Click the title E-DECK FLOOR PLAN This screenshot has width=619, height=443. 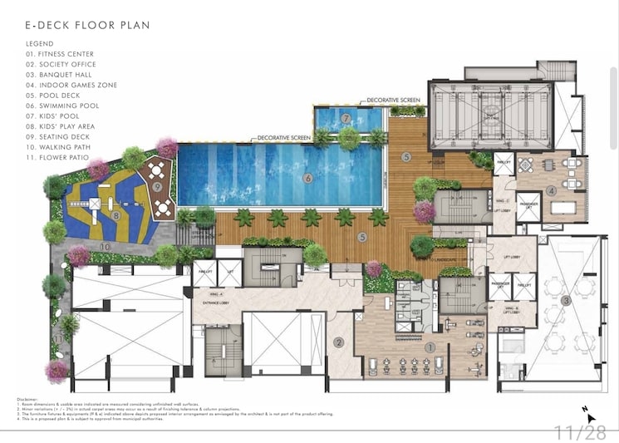87,25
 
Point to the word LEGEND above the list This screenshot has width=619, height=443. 40,43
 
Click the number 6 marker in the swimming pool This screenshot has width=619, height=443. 307,177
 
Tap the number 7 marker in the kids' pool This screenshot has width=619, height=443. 345,119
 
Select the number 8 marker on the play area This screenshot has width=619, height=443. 116,215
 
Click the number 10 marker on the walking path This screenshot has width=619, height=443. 106,246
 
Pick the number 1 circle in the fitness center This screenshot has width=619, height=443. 430,348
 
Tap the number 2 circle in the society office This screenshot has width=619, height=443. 339,341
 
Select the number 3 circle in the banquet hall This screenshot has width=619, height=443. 566,300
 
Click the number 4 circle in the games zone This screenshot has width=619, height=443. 551,191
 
